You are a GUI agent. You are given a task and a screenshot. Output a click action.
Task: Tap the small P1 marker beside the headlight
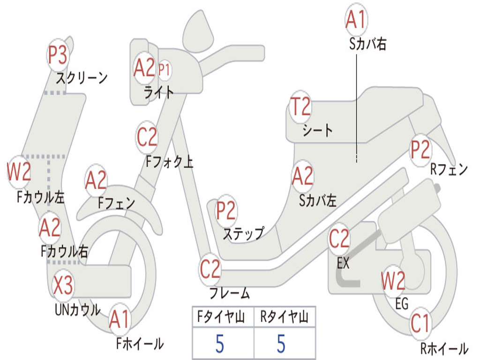tap(165, 70)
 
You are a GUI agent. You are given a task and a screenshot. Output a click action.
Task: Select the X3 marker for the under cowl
tap(63, 285)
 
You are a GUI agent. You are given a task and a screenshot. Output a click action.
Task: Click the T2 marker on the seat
tap(300, 106)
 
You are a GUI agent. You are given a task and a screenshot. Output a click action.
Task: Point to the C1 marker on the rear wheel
tap(420, 323)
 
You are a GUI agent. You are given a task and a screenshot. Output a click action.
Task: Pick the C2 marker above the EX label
tap(339, 239)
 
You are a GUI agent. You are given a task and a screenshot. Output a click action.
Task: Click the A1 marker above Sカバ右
tap(356, 19)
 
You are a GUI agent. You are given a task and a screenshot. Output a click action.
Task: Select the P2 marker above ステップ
tap(226, 210)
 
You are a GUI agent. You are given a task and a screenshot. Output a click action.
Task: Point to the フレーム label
tap(230, 293)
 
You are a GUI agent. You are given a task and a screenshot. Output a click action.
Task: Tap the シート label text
tap(317, 130)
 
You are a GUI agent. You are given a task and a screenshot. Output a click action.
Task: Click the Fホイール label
tap(140, 344)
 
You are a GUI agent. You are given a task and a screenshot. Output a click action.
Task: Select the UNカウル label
tap(78, 310)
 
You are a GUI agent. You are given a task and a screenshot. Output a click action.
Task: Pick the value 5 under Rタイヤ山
tap(281, 344)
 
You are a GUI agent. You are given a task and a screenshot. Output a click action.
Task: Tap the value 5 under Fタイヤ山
tap(220, 344)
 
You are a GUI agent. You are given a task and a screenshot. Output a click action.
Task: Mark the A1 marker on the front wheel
tap(120, 320)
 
